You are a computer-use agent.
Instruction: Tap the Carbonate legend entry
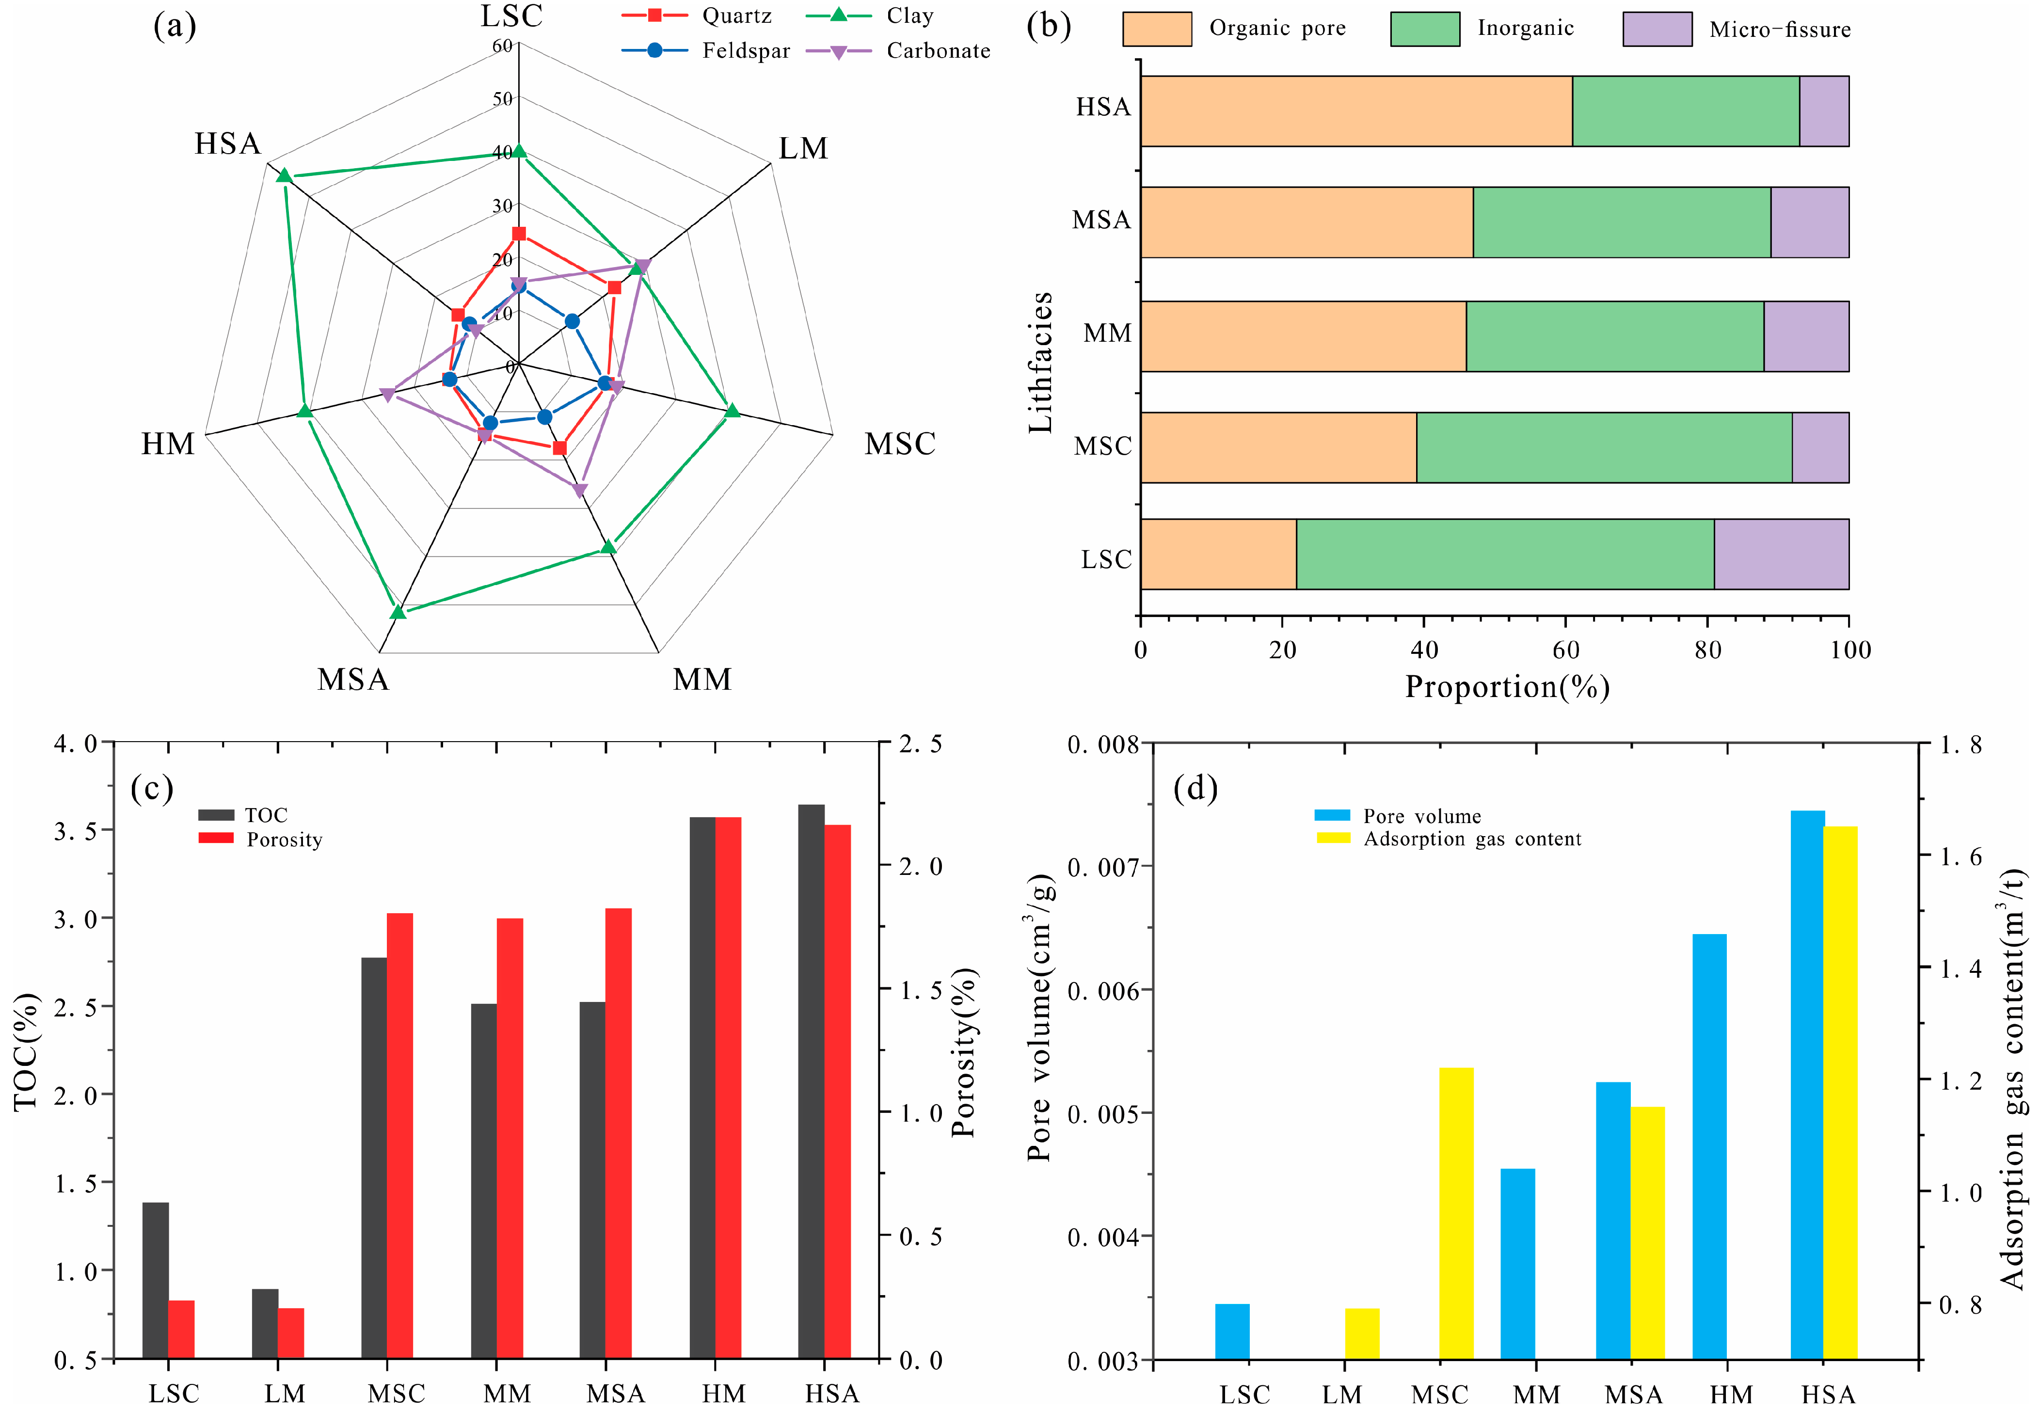coord(898,51)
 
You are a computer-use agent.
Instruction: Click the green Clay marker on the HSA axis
coord(284,175)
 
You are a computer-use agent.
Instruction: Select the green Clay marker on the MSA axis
coord(398,611)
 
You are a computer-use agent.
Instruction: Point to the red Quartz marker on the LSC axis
coord(519,234)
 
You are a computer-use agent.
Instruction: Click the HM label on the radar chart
coord(168,443)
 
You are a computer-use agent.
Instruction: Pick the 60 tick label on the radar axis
coord(502,45)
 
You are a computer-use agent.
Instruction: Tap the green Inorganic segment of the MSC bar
coord(1603,448)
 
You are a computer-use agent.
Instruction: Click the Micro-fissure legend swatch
coord(1657,29)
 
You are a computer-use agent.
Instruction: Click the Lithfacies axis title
coord(1041,362)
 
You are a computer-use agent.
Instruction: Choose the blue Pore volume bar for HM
coord(1709,1146)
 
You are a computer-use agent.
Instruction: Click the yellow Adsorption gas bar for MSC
coord(1456,1212)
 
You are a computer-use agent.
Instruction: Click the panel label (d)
coord(1195,787)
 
